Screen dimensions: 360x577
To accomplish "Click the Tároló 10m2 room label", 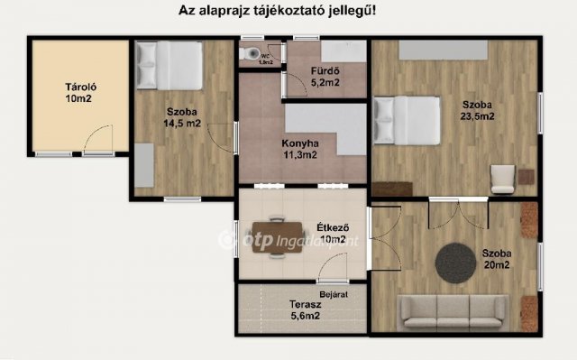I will coord(80,93).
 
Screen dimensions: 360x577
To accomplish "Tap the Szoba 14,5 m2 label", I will coord(181,118).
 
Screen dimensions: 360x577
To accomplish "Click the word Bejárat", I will coord(334,294).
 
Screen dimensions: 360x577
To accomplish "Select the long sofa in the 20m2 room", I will coord(451,311).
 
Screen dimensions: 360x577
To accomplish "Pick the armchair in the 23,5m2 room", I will coord(502,178).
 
